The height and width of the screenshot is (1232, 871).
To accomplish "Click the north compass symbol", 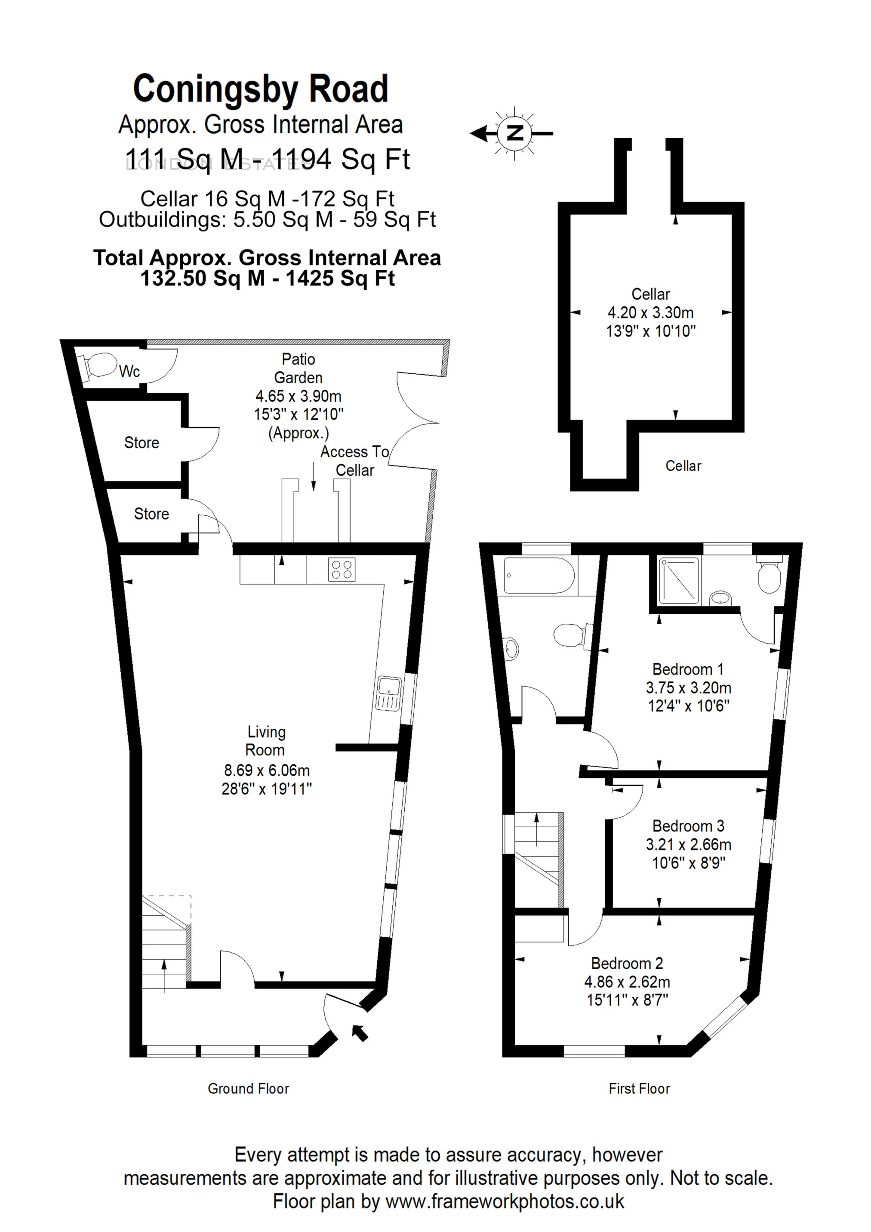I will point(514,132).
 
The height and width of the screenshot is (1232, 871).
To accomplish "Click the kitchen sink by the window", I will point(388,694).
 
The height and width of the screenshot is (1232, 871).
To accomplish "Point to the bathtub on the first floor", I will point(538,576).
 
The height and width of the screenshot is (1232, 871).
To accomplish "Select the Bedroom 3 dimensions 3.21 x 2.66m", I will point(688,844).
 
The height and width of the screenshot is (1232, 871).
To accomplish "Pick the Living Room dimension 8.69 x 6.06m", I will point(267,770).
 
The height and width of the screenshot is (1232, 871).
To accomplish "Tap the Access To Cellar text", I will point(354,461).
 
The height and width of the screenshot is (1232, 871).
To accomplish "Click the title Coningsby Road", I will point(260,89).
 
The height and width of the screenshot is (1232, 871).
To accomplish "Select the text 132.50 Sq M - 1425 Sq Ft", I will point(267,278).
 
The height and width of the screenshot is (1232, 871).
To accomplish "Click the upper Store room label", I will point(142,443).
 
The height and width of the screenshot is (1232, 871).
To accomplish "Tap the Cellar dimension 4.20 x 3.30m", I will point(650,312).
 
